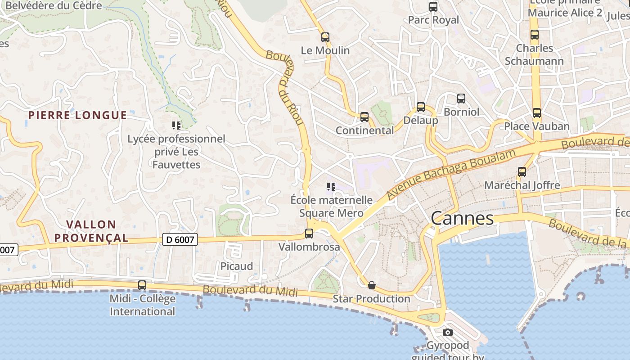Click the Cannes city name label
point(462,219)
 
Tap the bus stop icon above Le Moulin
point(325,37)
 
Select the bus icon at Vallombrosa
point(309,234)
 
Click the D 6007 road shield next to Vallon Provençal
point(180,240)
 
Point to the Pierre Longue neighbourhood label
point(77,115)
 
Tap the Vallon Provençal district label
point(91,231)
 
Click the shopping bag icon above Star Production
point(372,285)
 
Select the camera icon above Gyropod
point(447,333)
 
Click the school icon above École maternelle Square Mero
point(331,187)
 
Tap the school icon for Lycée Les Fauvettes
point(176,126)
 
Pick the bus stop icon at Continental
point(364,117)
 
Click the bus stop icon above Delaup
point(420,107)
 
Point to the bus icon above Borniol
point(461,99)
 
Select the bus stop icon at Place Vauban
point(536,113)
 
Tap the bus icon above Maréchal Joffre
point(522,172)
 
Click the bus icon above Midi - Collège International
point(142,285)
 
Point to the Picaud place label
point(236,266)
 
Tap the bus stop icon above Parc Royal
point(433,7)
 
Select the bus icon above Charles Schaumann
point(534,35)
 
